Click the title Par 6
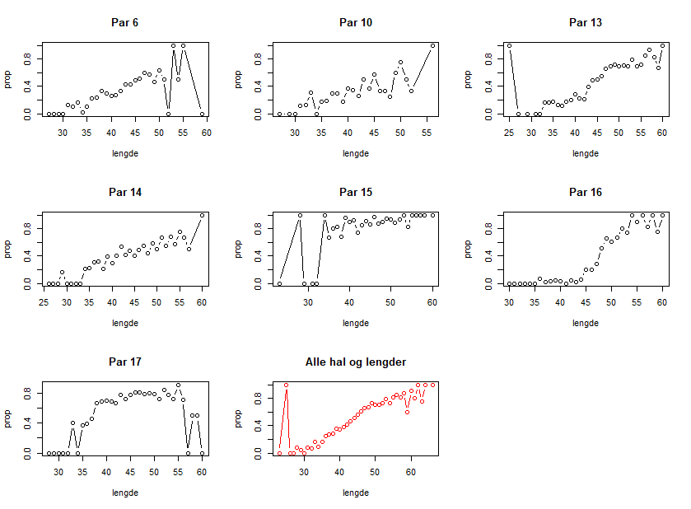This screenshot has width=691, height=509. (x=124, y=22)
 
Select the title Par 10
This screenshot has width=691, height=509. (x=355, y=22)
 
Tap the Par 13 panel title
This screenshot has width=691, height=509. (x=586, y=22)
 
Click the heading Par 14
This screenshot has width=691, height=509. (x=124, y=192)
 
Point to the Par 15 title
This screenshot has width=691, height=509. (x=355, y=192)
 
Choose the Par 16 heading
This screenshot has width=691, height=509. (x=586, y=192)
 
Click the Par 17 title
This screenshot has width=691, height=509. (x=124, y=362)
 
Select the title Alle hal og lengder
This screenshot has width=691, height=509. (x=355, y=362)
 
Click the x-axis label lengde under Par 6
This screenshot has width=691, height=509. (x=124, y=153)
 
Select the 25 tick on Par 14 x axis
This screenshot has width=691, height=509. (x=44, y=301)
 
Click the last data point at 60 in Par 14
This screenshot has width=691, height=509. (x=203, y=216)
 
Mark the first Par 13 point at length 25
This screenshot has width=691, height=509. (x=510, y=46)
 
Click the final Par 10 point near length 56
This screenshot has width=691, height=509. (x=432, y=46)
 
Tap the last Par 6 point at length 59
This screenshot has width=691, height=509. (x=202, y=114)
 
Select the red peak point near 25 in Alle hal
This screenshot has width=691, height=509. (x=287, y=385)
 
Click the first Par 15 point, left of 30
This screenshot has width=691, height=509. (x=279, y=283)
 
